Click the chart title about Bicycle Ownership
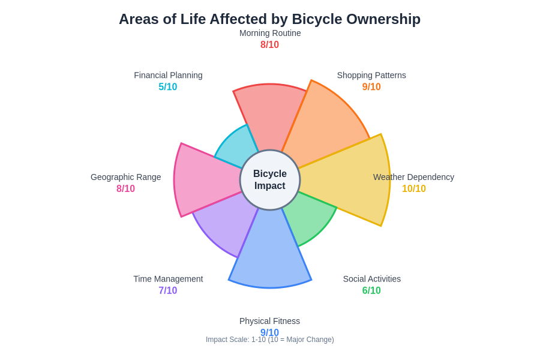269,19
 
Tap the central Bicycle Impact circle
270,180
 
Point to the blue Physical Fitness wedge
270,252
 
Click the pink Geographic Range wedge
204,179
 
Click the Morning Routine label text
270,33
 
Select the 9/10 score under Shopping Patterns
371,87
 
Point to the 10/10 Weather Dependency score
414,189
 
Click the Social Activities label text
372,279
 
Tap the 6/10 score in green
371,291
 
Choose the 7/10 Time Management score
168,291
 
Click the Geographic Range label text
126,177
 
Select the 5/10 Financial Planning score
168,87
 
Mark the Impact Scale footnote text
270,340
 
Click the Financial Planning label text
168,75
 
